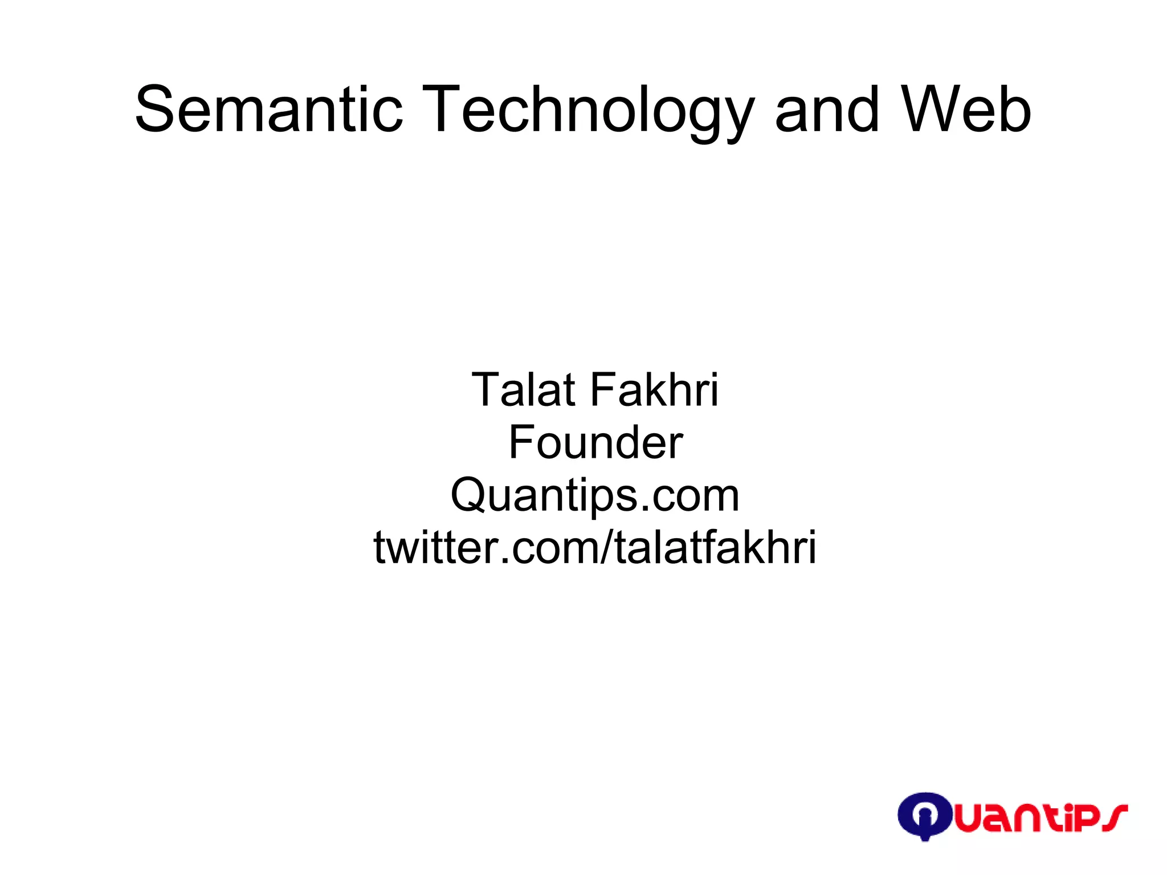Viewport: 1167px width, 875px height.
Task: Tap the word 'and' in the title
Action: (827, 109)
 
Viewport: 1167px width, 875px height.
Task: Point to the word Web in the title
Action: (966, 109)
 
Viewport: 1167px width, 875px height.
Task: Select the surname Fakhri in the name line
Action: (654, 390)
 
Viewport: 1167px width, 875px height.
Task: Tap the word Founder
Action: (595, 442)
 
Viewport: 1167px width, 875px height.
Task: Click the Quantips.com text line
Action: (595, 495)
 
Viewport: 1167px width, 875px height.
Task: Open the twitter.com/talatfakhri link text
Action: (595, 547)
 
